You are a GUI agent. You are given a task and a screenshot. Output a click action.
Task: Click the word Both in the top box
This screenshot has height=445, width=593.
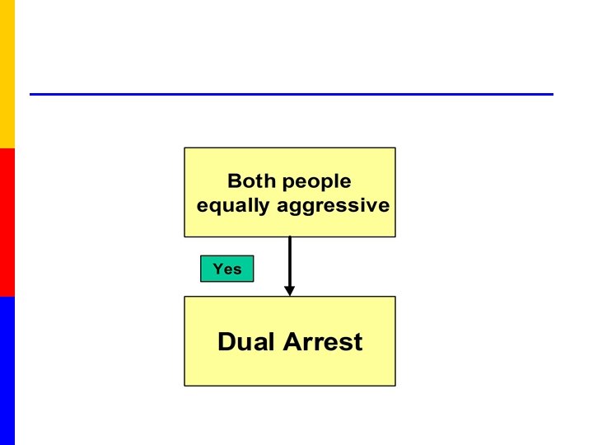[252, 181]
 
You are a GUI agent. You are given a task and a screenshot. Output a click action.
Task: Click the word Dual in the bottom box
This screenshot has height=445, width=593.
[246, 341]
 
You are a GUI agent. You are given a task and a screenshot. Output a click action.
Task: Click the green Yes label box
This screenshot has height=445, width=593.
[226, 269]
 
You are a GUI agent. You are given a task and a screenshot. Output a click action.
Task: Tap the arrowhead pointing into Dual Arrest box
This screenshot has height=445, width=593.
[289, 290]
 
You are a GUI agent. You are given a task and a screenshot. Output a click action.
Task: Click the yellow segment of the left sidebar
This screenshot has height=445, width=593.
[7, 74]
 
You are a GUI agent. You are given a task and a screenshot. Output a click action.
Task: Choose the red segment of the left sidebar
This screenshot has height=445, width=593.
[7, 222]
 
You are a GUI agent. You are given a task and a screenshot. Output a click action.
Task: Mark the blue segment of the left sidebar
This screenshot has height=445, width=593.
[7, 371]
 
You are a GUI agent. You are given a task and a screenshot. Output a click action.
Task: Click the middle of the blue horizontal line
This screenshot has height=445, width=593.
[292, 94]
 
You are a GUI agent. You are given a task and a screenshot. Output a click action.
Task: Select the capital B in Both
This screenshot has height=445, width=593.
[234, 181]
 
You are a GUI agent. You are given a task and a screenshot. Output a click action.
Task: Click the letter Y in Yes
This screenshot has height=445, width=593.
[217, 269]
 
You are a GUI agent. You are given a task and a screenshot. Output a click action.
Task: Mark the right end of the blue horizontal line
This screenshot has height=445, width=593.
[551, 94]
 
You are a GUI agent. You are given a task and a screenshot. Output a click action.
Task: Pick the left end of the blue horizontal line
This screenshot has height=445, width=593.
[32, 94]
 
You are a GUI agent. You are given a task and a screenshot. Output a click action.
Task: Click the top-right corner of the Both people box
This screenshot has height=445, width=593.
[395, 148]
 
